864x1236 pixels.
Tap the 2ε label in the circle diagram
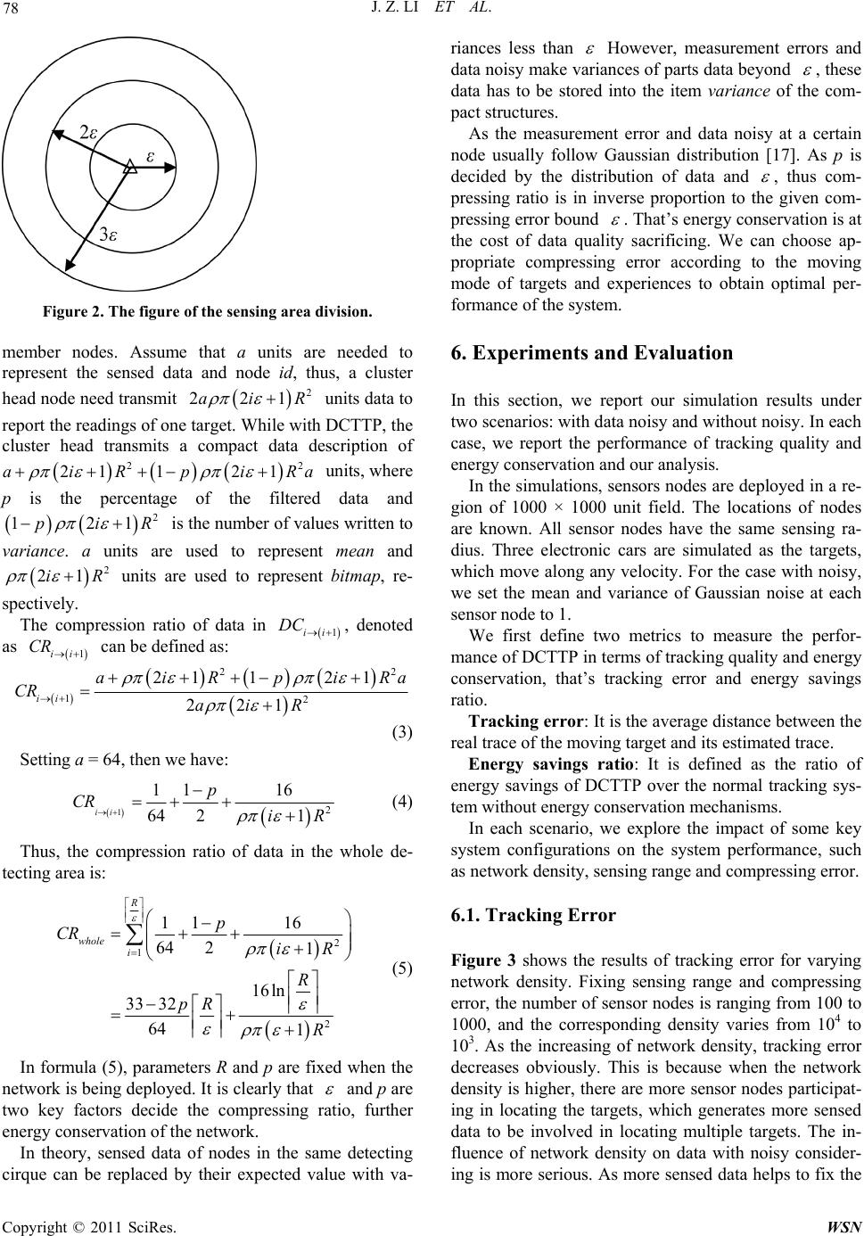tap(89, 131)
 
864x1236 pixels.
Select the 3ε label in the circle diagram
tap(109, 235)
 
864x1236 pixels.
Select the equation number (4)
tap(400, 700)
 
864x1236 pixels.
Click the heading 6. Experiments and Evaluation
tap(592, 351)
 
